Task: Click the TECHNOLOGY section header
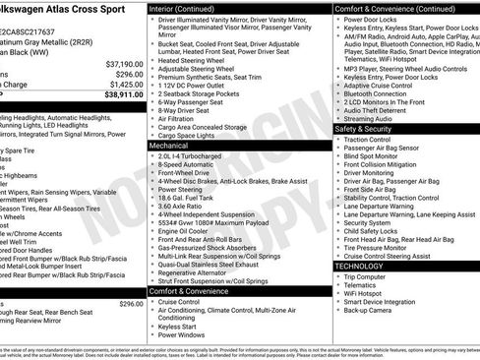(x=359, y=266)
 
